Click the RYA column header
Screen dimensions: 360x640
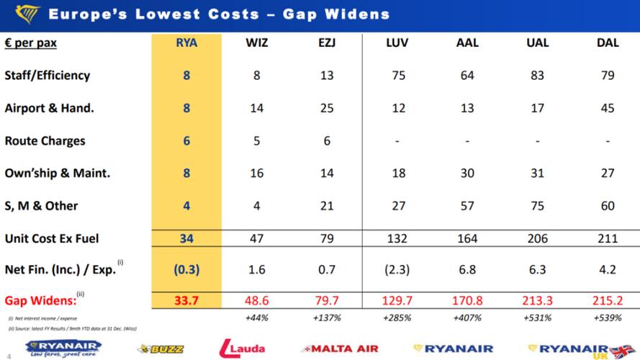pyautogui.click(x=186, y=43)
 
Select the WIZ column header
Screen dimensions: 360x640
pyautogui.click(x=257, y=43)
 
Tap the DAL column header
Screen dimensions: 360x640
pyautogui.click(x=608, y=43)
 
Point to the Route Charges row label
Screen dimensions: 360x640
pyautogui.click(x=45, y=141)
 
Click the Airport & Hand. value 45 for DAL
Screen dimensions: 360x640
pyautogui.click(x=608, y=108)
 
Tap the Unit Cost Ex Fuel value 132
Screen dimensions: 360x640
pyautogui.click(x=397, y=238)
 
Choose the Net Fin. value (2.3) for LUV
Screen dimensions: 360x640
pyautogui.click(x=397, y=271)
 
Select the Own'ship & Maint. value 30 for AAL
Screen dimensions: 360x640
pyautogui.click(x=467, y=174)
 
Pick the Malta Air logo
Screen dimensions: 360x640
pyautogui.click(x=341, y=348)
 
